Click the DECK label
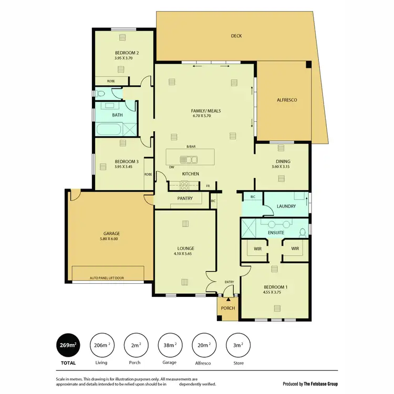[236, 36]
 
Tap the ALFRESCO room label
[287, 99]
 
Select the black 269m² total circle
[68, 345]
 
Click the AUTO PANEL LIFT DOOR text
[107, 277]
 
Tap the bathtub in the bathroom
[109, 130]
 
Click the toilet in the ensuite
[302, 232]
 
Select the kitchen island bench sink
[188, 159]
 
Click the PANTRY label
[185, 199]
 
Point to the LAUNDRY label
[286, 206]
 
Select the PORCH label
[228, 308]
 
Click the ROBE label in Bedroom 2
[111, 81]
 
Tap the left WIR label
[257, 248]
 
